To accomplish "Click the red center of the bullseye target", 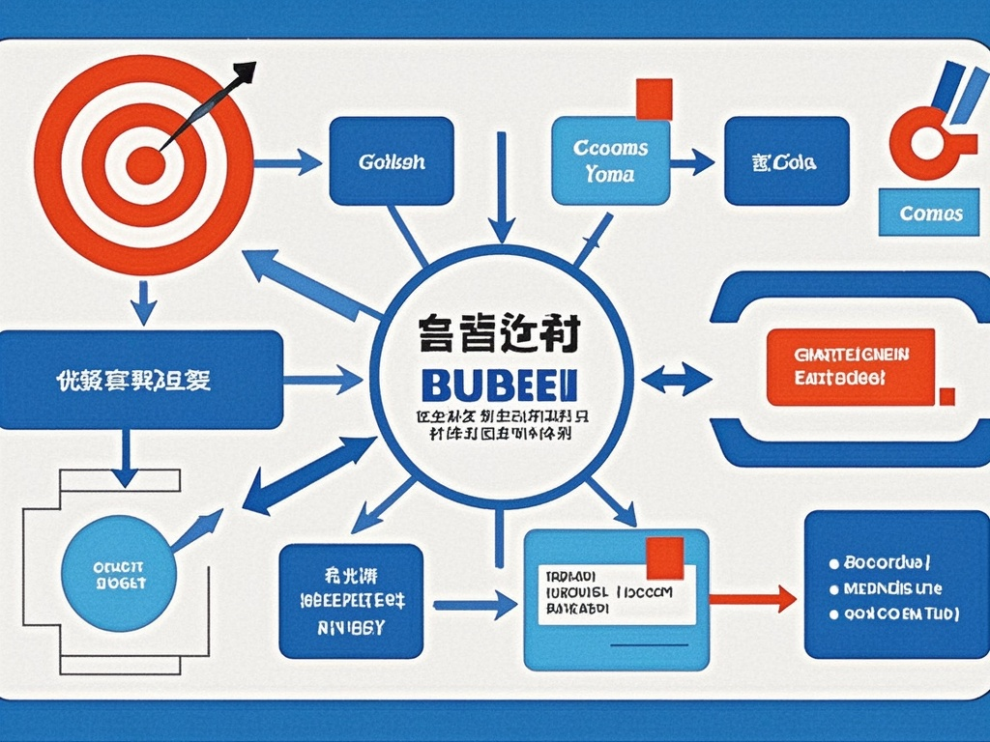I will click(145, 164).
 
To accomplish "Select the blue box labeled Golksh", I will click(391, 161).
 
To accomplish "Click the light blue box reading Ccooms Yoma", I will click(610, 160).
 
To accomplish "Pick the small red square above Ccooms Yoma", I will click(654, 99).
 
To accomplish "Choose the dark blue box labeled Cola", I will click(786, 161).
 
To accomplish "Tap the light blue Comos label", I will click(930, 213).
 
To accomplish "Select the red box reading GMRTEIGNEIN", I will click(851, 366).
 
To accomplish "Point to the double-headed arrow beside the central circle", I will click(677, 378).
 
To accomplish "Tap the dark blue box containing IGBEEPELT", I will click(351, 600).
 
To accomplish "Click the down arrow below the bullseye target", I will click(143, 303).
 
